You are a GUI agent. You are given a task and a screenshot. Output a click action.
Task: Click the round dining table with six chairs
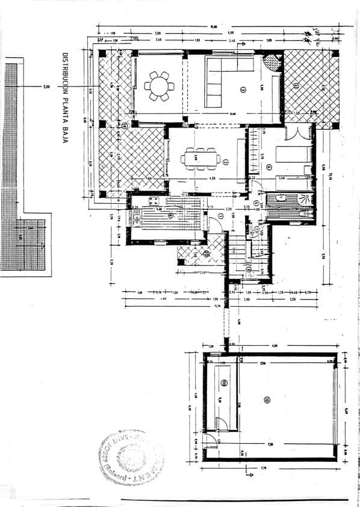pos(160,86)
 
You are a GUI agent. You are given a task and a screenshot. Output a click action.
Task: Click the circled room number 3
pos(243,90)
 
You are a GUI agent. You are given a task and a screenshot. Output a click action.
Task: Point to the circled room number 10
pos(267,399)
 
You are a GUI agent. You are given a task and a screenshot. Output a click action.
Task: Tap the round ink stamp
pos(131,457)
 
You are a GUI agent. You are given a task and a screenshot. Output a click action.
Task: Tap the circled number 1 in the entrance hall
pos(221,216)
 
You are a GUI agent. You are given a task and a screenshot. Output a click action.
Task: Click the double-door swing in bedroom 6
pos(296,133)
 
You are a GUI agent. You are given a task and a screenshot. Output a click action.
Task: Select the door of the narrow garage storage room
pos(222,424)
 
